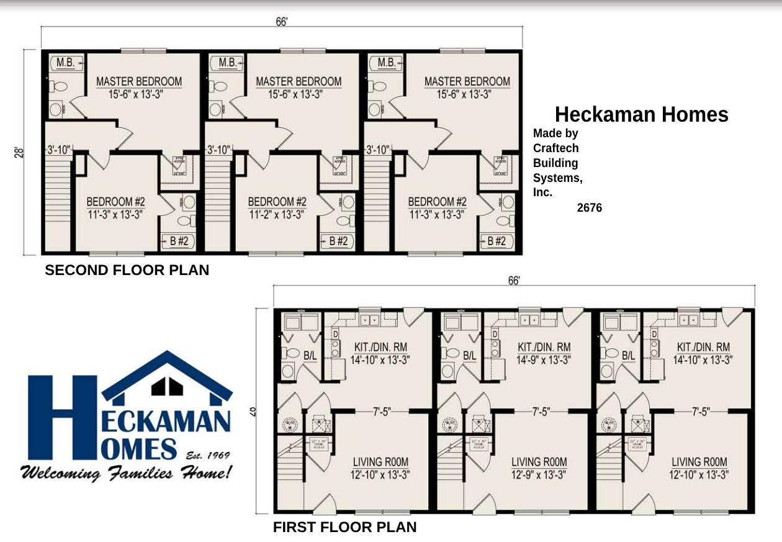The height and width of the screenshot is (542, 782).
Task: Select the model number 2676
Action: [589, 208]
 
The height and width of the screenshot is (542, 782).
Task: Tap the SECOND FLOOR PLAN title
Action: [127, 270]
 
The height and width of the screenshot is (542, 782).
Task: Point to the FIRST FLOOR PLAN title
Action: [344, 528]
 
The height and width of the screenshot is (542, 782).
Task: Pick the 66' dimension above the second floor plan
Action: [282, 22]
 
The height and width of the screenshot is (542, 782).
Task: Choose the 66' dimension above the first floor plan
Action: [514, 281]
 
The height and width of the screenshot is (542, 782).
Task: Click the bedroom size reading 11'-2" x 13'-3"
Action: [277, 215]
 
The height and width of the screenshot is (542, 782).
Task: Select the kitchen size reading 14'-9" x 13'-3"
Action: [544, 359]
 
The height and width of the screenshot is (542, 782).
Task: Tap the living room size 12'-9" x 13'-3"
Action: [539, 475]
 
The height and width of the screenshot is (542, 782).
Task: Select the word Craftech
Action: [555, 148]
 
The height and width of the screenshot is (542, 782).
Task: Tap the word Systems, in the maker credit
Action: [557, 178]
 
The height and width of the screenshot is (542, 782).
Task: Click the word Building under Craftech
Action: [555, 163]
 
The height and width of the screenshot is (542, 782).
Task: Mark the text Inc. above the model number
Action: [542, 192]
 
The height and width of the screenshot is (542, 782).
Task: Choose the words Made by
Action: [555, 133]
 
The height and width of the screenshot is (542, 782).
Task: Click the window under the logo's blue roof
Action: [167, 386]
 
